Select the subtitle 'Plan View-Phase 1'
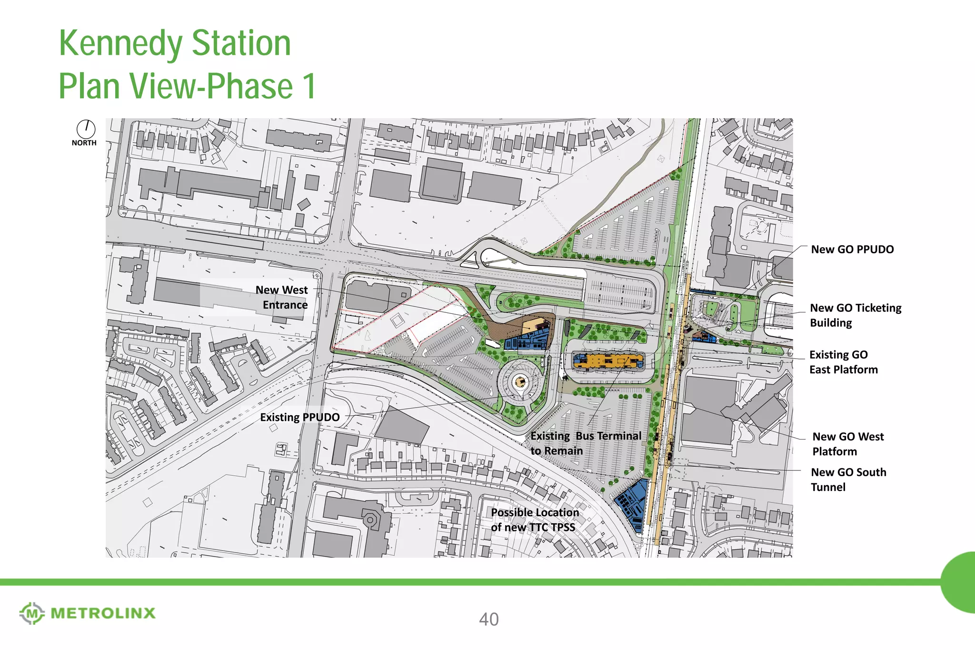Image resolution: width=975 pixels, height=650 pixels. [x=187, y=86]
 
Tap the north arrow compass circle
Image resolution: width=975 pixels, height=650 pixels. [x=86, y=129]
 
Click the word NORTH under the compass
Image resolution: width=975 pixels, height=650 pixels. [x=84, y=143]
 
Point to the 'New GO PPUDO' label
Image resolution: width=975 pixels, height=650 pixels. [x=852, y=250]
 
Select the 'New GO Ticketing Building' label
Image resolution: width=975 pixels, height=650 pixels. [x=855, y=315]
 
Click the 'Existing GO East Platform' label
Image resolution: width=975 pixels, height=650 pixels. [x=843, y=362]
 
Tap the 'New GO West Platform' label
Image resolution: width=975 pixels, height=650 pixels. [x=847, y=444]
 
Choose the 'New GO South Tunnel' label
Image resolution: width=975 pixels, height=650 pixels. [x=848, y=480]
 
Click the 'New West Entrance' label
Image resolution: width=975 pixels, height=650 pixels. [x=282, y=297]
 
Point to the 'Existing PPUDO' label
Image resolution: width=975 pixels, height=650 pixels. [x=300, y=418]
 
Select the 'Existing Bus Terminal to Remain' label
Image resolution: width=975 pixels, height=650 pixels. [x=586, y=443]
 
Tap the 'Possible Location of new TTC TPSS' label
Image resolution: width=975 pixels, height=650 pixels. [x=535, y=520]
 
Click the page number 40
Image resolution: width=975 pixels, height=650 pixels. [x=489, y=620]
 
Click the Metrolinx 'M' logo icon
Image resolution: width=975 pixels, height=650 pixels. [x=32, y=613]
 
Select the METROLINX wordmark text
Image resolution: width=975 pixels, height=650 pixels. [x=103, y=613]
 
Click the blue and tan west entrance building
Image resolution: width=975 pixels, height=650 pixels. [x=529, y=336]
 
